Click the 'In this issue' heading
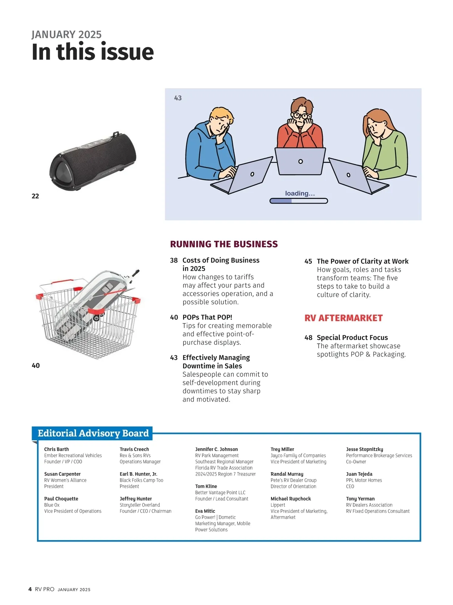pos(92,52)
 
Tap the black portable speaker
pos(92,161)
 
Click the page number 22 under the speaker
pos(35,196)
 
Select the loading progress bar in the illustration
pos(299,201)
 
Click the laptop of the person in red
pos(300,161)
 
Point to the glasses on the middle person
pos(300,115)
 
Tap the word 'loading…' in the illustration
pos(300,193)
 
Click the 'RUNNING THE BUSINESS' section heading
pos(224,244)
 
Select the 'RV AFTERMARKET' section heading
pos(344,318)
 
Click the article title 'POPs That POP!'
pos(207,317)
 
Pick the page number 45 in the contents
pos(308,261)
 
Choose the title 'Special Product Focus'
pos(352,338)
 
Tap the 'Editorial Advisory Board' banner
pos(93,433)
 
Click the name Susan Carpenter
pos(62,474)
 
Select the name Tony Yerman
pos(360,499)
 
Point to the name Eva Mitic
pos(205,511)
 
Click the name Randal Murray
pos(287,474)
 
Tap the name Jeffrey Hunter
pos(136,499)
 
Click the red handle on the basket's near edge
pos(96,311)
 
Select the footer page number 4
pos(30,589)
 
